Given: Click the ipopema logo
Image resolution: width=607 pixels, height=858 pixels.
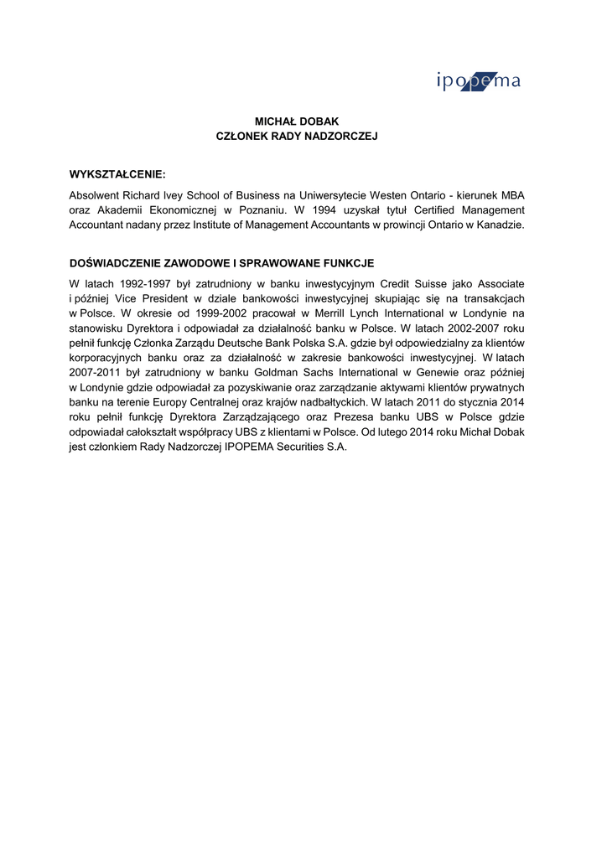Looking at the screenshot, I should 479,81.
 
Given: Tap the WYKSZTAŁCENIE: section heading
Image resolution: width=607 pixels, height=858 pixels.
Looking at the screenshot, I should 117,174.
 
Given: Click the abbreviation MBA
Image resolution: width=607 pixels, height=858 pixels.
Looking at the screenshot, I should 512,194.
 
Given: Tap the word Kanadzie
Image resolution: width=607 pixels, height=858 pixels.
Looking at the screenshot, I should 501,225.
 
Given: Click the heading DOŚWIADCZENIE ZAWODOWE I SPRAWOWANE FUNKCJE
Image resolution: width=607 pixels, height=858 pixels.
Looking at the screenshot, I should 221,263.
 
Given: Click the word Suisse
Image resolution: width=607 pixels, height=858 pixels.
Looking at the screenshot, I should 425,283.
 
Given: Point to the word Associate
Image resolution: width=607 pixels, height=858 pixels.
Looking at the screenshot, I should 501,283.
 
